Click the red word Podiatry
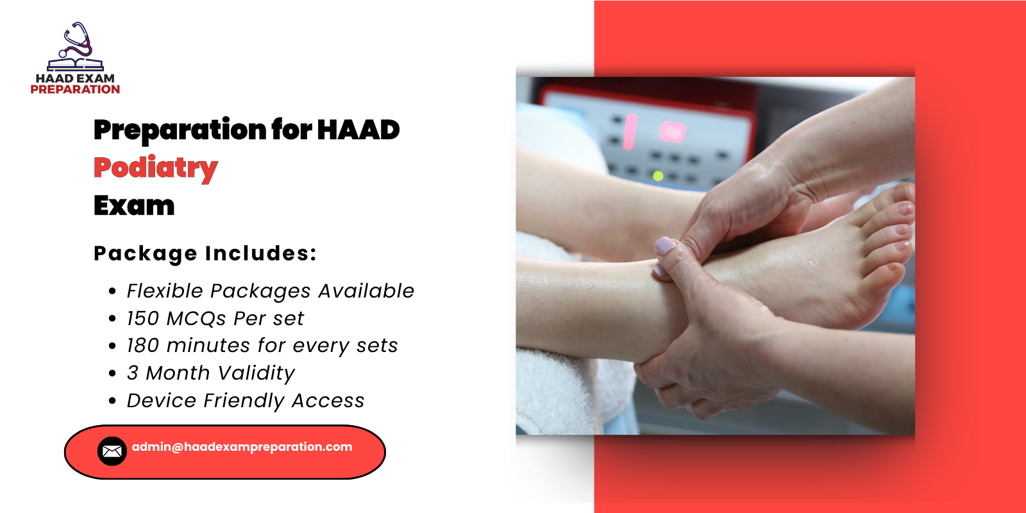156,168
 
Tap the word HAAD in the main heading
358,130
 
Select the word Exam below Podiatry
134,206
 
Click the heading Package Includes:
205,253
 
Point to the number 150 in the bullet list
142,319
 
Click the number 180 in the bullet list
142,346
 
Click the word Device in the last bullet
162,401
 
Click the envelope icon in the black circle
112,451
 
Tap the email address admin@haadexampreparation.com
242,447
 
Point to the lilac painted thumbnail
665,246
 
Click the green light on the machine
657,175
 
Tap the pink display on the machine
673,131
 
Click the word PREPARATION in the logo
75,90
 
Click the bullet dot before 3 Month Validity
113,373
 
